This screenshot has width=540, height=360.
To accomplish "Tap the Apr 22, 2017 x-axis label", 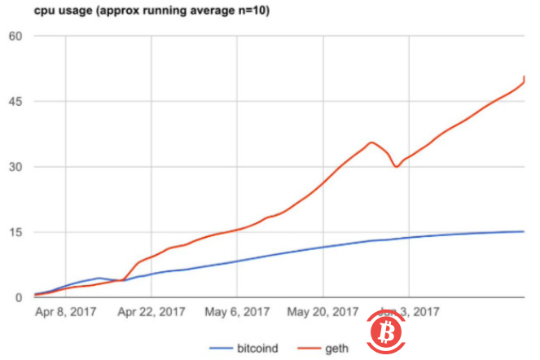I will point(151,311).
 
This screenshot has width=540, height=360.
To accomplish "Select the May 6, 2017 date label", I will point(237,311).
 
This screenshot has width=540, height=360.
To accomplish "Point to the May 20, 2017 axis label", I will point(323,311).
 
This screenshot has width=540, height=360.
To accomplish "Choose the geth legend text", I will point(336,349).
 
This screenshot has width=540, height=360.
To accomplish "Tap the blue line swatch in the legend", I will point(223,349).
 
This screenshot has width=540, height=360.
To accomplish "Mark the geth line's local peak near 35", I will point(371,143).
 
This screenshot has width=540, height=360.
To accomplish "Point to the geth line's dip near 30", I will point(396,166).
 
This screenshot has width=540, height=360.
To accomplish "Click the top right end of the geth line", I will point(525,77).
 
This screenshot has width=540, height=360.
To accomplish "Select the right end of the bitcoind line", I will point(524,231).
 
